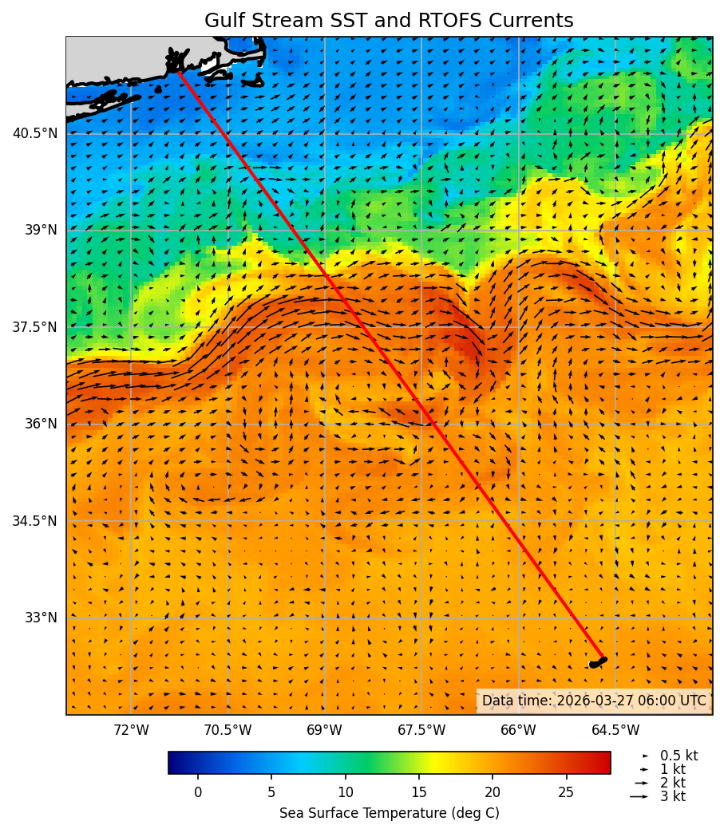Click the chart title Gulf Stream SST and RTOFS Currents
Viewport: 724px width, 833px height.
point(389,21)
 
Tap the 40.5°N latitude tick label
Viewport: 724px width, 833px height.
point(35,133)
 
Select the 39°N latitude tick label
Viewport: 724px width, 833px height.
point(40,230)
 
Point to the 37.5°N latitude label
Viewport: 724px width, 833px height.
point(35,327)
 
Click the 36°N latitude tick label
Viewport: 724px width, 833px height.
point(40,424)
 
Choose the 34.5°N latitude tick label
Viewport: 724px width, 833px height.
point(35,521)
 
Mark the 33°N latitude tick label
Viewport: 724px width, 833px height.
point(40,618)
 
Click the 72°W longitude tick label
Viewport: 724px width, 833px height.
point(131,730)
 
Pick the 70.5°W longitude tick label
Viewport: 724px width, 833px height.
point(227,730)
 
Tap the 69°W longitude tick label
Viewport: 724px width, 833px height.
point(324,730)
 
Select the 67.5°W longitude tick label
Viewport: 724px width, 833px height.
point(421,730)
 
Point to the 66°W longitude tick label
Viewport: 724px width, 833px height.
point(518,730)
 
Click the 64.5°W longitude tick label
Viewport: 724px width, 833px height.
point(615,730)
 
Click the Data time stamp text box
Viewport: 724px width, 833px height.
point(594,701)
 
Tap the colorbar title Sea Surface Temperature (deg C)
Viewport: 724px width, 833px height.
point(389,813)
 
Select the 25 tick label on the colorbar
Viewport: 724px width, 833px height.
point(566,792)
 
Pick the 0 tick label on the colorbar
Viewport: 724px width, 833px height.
point(198,792)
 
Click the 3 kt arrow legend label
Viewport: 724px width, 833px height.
point(672,796)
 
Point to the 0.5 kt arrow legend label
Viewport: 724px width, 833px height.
point(679,756)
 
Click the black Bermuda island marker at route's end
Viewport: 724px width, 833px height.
point(598,662)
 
